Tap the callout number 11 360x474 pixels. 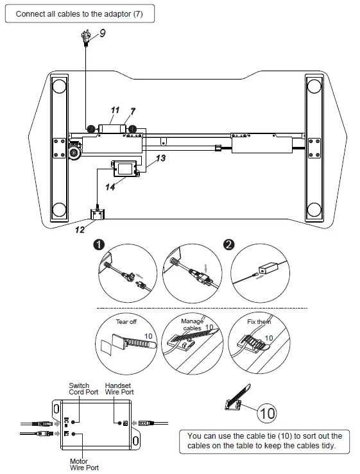pyautogui.click(x=115, y=110)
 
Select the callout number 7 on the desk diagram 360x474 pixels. pyautogui.click(x=133, y=111)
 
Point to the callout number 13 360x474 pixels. pyautogui.click(x=160, y=158)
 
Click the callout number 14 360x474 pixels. pyautogui.click(x=110, y=187)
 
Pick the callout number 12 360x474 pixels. pyautogui.click(x=79, y=230)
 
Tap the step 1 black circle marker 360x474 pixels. pyautogui.click(x=98, y=245)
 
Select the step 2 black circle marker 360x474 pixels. pyautogui.click(x=228, y=245)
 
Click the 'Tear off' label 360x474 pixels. pyautogui.click(x=126, y=321)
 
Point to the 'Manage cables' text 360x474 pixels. pyautogui.click(x=192, y=325)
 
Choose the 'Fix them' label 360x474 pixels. pyautogui.click(x=259, y=321)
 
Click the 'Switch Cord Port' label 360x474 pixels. pyautogui.click(x=80, y=389)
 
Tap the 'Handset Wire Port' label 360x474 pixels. pyautogui.click(x=119, y=389)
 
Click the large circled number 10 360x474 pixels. pyautogui.click(x=268, y=412)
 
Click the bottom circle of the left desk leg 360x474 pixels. pyautogui.click(x=59, y=210)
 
